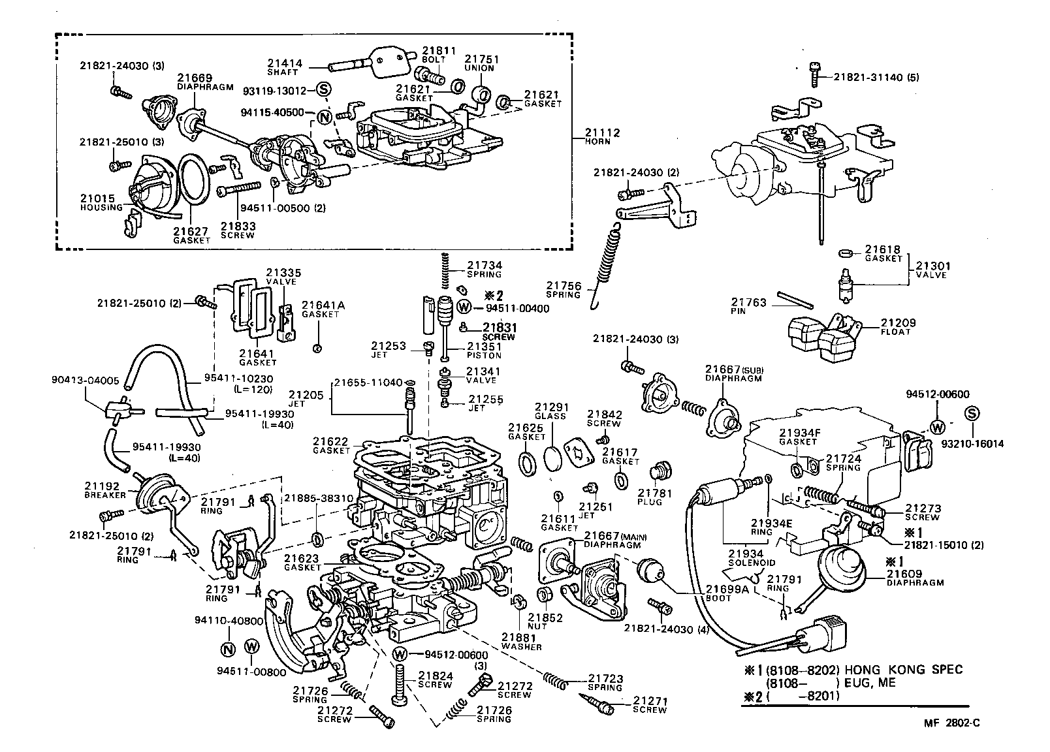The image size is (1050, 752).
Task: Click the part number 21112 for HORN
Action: [602, 133]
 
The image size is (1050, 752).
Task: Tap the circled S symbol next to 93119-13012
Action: [324, 90]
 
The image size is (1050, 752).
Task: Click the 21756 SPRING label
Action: [564, 289]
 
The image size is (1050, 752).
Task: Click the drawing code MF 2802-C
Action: [951, 723]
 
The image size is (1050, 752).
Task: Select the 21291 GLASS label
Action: [550, 411]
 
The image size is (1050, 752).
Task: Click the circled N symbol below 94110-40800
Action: [228, 649]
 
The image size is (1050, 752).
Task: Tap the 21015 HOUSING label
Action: [101, 202]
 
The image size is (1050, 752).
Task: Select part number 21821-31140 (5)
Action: [877, 77]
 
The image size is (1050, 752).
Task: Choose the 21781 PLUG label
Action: [650, 497]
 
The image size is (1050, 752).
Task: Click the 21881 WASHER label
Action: [521, 641]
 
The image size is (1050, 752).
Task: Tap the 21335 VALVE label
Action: [281, 276]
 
